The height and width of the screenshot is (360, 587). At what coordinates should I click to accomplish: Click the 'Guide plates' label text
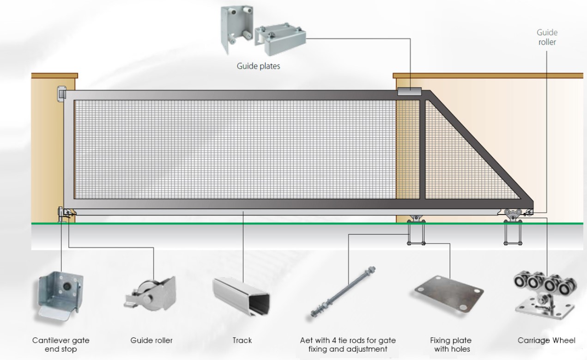[258, 66]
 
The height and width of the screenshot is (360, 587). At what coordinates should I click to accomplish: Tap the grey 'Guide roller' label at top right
[547, 37]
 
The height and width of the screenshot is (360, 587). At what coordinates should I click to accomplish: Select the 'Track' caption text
[242, 341]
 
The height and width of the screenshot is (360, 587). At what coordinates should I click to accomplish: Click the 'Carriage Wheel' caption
[546, 341]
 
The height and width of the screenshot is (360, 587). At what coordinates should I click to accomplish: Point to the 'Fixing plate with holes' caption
[450, 345]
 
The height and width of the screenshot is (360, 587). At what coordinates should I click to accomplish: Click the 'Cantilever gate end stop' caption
[61, 345]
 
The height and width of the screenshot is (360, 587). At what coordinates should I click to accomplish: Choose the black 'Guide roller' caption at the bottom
[151, 341]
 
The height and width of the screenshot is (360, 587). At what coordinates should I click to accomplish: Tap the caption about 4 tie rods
[348, 345]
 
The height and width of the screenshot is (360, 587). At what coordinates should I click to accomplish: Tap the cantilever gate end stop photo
[60, 296]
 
